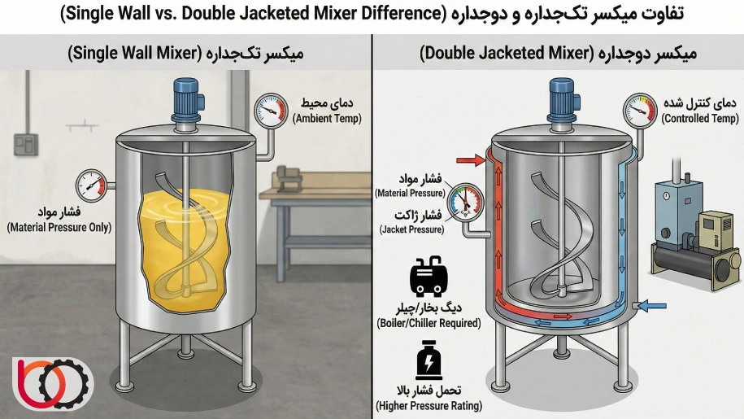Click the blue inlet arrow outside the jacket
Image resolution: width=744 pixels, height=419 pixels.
[651, 307]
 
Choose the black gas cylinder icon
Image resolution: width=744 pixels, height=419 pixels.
[428, 361]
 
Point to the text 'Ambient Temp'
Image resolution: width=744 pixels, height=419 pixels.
[327, 119]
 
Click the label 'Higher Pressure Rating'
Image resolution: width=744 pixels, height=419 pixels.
[429, 405]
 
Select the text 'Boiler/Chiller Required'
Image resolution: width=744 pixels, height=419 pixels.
[428, 323]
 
